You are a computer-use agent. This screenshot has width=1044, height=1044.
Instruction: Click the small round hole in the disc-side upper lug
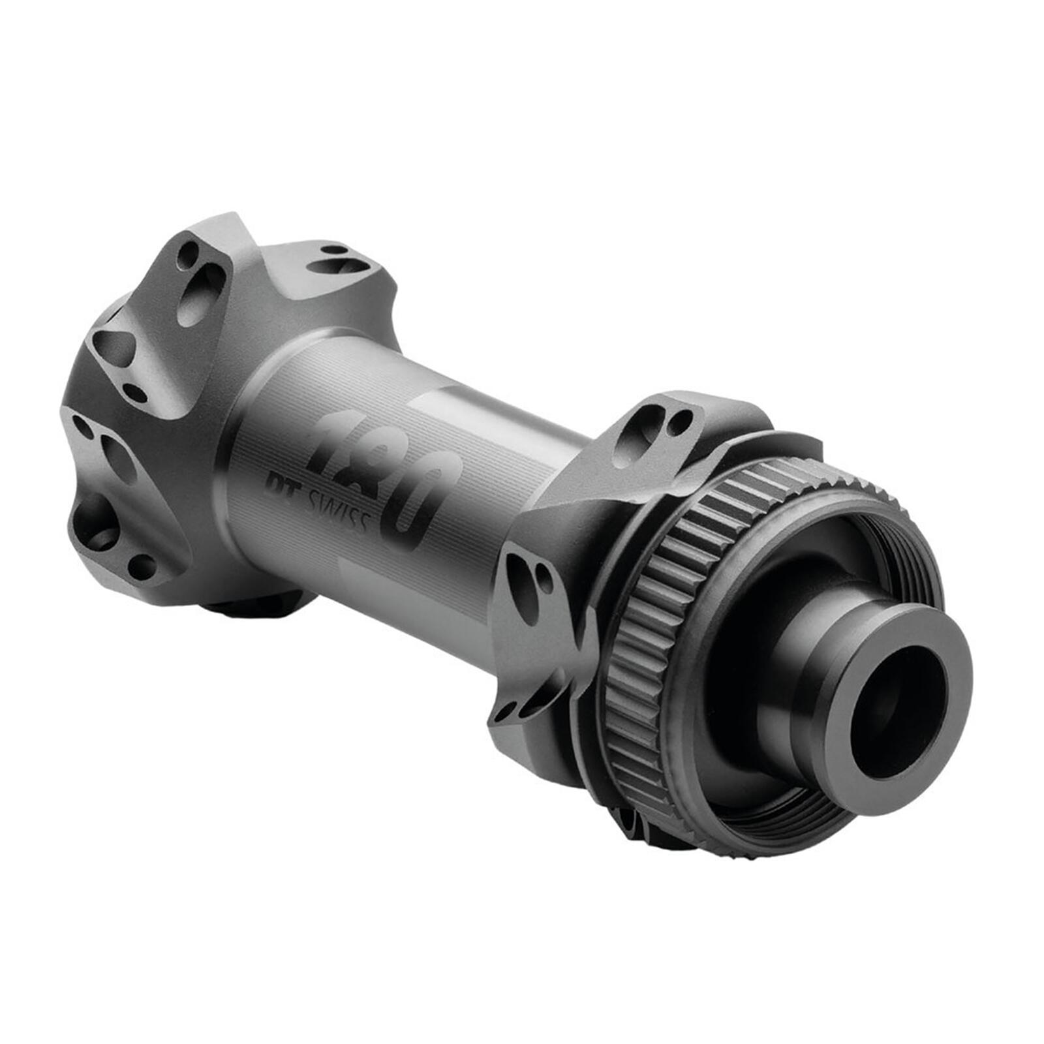point(679,422)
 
